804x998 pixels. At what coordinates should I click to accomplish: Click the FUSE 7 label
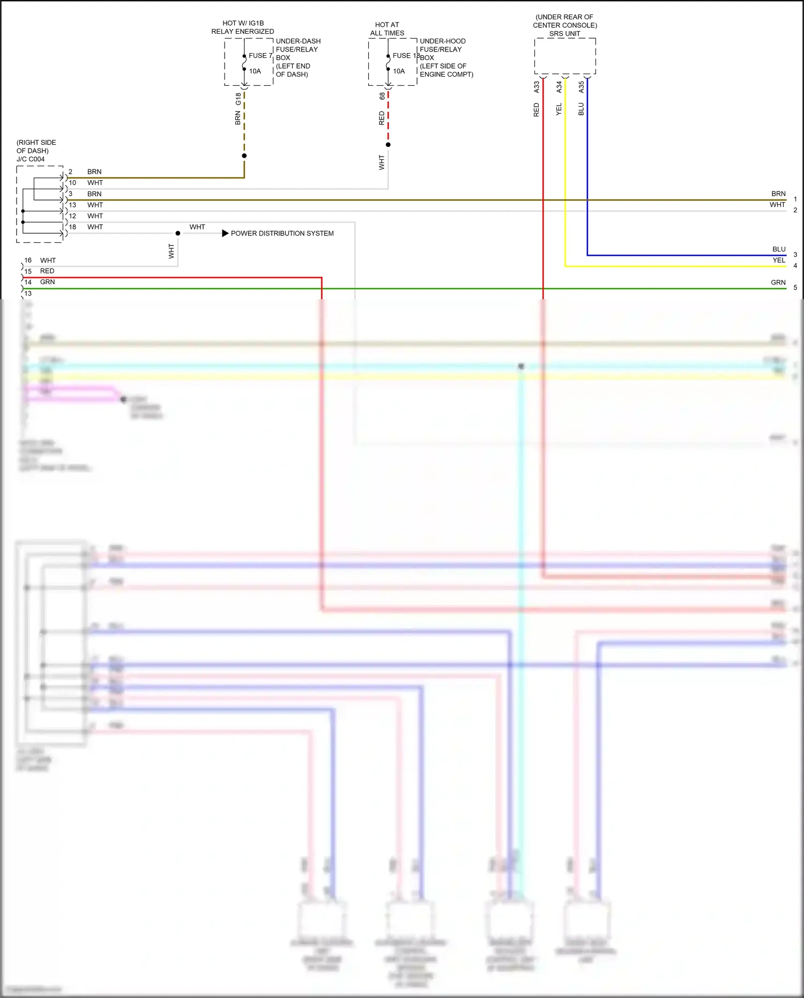pyautogui.click(x=260, y=56)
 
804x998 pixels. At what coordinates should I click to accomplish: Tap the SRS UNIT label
pyautogui.click(x=564, y=34)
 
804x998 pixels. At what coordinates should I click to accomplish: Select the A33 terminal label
pyautogui.click(x=537, y=87)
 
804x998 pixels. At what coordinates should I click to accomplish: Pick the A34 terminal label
pyautogui.click(x=559, y=87)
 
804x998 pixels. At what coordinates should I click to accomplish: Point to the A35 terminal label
pyautogui.click(x=582, y=87)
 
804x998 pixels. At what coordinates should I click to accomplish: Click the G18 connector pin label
pyautogui.click(x=238, y=99)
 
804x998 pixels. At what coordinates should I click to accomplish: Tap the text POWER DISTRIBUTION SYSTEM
pyautogui.click(x=282, y=233)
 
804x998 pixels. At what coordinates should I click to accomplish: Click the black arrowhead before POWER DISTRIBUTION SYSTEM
pyautogui.click(x=225, y=233)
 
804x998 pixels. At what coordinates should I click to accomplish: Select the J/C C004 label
pyautogui.click(x=31, y=159)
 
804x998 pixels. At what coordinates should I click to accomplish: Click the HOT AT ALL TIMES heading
pyautogui.click(x=387, y=29)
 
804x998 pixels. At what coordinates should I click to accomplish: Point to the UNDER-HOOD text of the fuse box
pyautogui.click(x=442, y=41)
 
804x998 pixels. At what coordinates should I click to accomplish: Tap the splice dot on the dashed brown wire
pyautogui.click(x=244, y=156)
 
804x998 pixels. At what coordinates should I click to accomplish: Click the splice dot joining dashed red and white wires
pyautogui.click(x=388, y=145)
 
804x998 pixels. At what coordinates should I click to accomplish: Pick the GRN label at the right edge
pyautogui.click(x=778, y=283)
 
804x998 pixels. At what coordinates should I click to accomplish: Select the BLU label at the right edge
pyautogui.click(x=779, y=249)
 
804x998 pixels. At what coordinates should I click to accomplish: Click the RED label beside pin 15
pyautogui.click(x=47, y=271)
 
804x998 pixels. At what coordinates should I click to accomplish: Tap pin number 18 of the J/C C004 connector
pyautogui.click(x=72, y=227)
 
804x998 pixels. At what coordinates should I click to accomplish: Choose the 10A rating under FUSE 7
pyautogui.click(x=255, y=71)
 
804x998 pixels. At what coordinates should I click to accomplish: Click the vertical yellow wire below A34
pyautogui.click(x=565, y=172)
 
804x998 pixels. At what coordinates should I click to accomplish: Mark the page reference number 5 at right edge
pyautogui.click(x=795, y=288)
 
